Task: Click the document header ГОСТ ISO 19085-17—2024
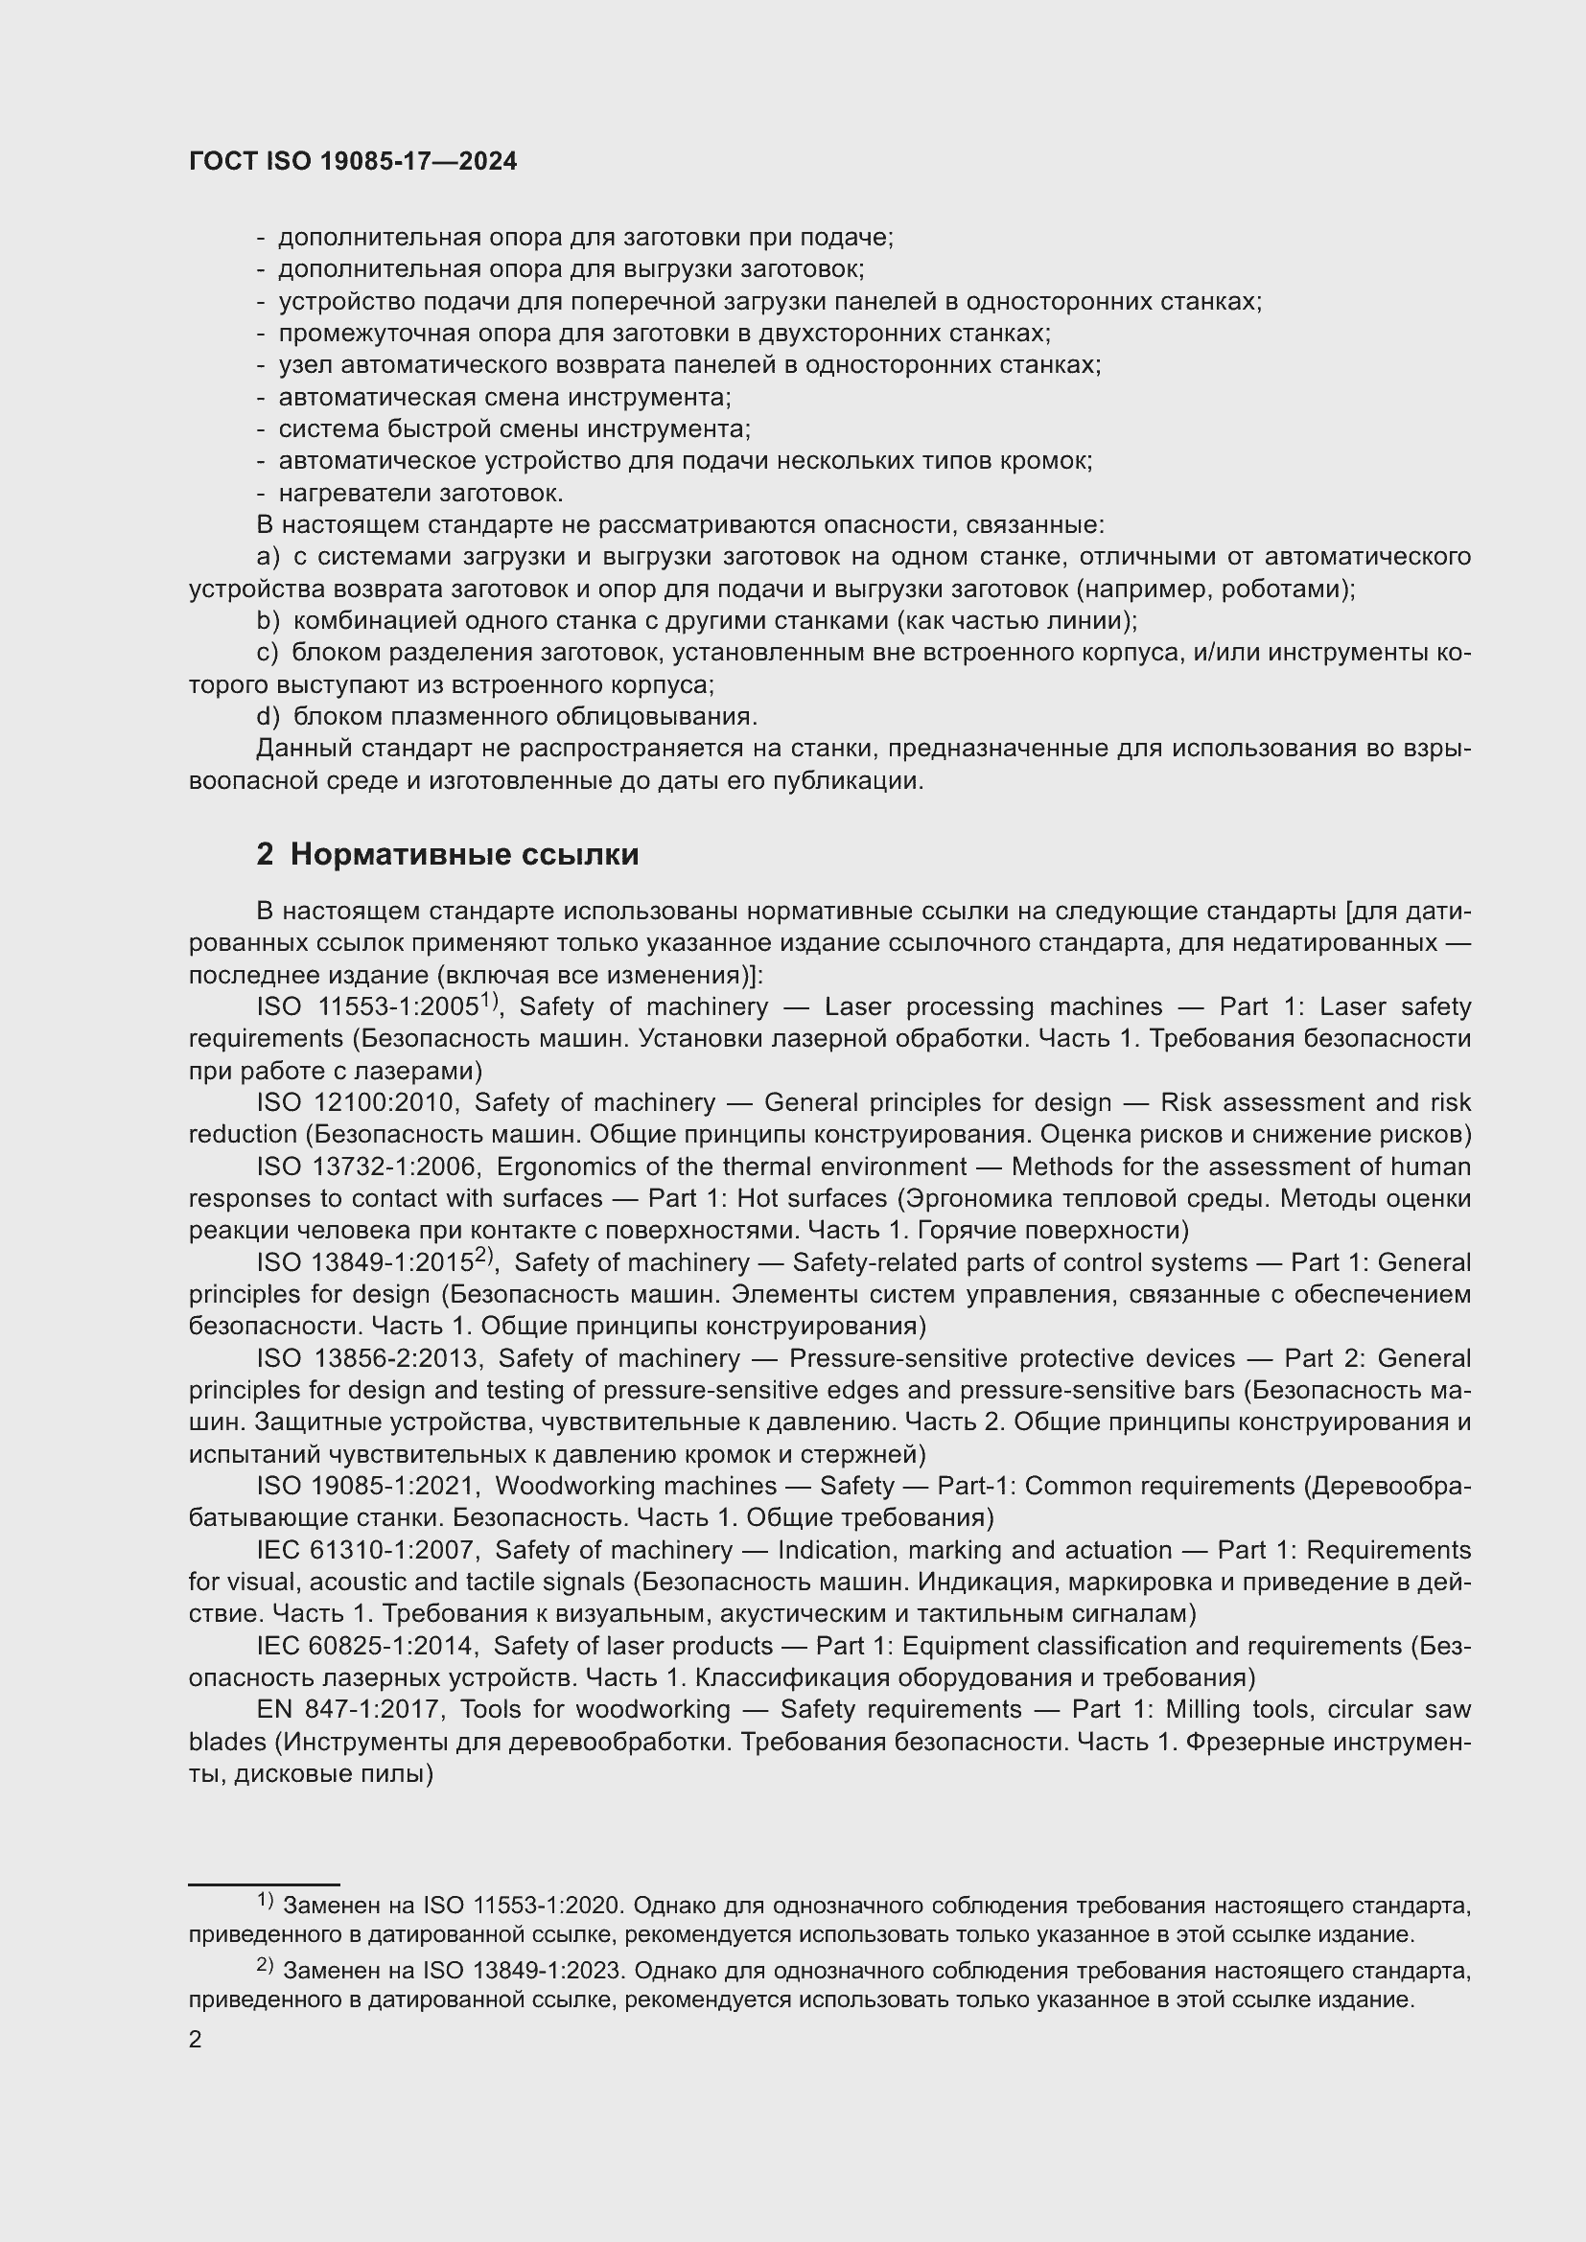coord(353,162)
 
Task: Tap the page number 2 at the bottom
coord(196,2040)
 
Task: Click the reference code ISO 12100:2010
coord(357,1102)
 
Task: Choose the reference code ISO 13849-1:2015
coord(365,1263)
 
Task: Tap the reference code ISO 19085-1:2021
coord(367,1487)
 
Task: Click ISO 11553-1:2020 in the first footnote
coord(521,1906)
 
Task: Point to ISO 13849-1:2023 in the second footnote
coord(522,1971)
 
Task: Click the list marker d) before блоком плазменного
coord(268,717)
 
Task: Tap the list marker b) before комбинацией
coord(268,621)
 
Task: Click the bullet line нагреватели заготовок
coord(420,493)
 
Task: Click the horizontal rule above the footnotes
coord(264,1884)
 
